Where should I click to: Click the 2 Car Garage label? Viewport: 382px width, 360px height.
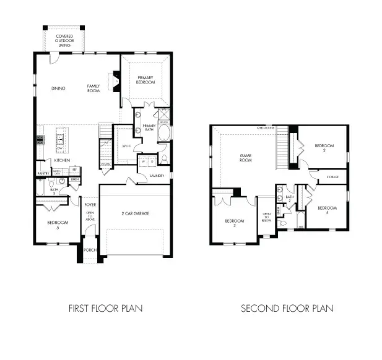[x=136, y=213]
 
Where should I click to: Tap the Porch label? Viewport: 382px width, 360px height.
[x=90, y=251]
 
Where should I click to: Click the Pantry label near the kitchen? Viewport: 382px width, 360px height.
[x=43, y=174]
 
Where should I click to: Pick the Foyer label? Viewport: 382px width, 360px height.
[x=90, y=203]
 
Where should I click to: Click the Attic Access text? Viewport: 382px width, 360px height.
[x=266, y=127]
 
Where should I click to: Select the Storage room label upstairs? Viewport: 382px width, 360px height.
[x=332, y=178]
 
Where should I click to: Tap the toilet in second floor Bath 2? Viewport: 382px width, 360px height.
[x=280, y=190]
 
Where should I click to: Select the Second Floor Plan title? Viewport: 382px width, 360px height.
[x=287, y=307]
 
